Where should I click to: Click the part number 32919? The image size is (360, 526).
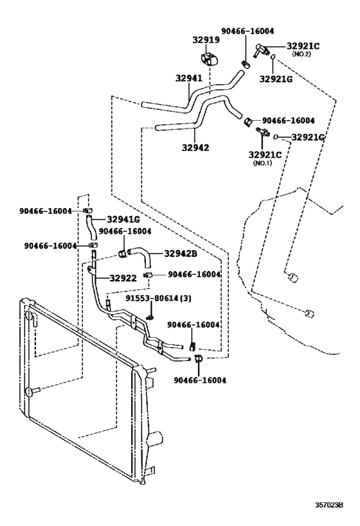coord(206,40)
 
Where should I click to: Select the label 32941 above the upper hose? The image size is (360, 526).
coord(189,79)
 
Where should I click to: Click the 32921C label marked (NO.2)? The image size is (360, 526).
coord(303,46)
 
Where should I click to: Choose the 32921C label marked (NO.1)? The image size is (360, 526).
coord(266,154)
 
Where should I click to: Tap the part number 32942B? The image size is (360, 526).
coord(180,253)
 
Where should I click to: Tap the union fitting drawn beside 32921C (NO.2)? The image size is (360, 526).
coord(260,49)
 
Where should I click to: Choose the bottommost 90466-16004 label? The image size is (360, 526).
coord(201,380)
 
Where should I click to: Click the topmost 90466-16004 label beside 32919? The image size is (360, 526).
coord(247,30)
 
